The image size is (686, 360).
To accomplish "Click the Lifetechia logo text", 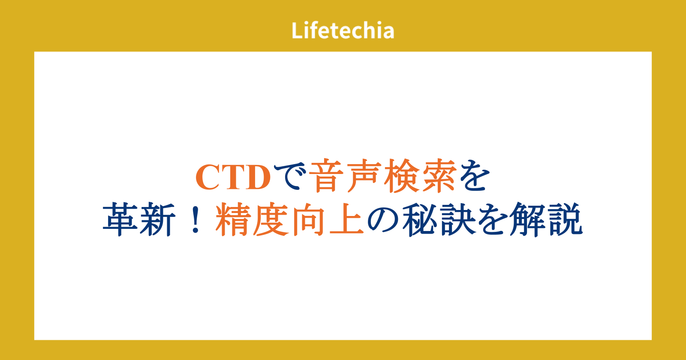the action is tap(343, 30).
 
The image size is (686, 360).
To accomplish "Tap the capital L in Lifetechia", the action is tap(297, 30).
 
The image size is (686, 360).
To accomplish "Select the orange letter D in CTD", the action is tap(256, 177).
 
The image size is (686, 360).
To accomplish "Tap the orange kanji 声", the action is tap(364, 176).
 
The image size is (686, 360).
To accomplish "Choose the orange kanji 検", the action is tap(401, 176).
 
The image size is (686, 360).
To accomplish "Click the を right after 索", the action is tap(474, 176).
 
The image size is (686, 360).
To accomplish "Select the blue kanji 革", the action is tap(120, 219).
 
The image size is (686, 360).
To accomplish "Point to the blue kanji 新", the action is tap(158, 219).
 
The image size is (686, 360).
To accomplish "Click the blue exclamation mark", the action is tap(196, 219).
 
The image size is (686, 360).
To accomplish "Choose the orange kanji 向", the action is tap(308, 219).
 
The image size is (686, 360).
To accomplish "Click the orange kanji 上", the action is tap(346, 219).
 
